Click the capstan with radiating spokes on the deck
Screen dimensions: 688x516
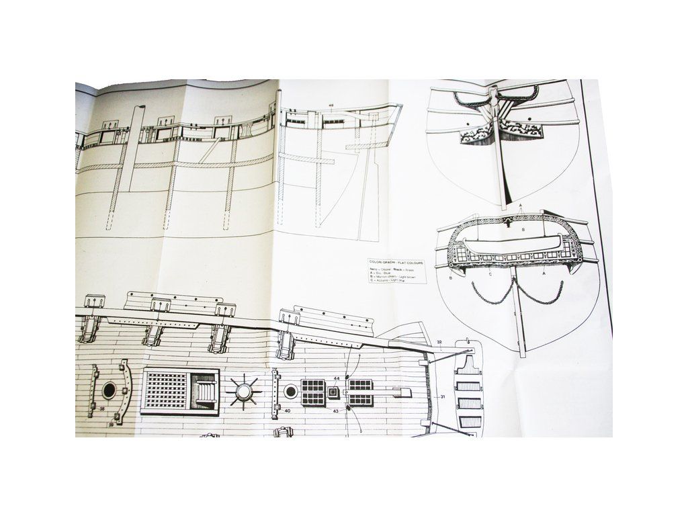tap(244, 390)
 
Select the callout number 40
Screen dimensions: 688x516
tap(287, 410)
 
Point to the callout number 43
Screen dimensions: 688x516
tap(335, 411)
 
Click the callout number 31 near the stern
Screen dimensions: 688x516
tap(443, 397)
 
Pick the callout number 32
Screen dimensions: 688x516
tap(438, 343)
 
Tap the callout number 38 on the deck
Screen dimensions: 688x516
tap(101, 408)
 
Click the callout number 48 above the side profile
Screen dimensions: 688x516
tap(332, 105)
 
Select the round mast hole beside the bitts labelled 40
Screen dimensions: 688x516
tap(290, 391)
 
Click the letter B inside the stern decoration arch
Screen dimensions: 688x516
tap(523, 229)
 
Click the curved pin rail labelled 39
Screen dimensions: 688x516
tap(123, 393)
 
